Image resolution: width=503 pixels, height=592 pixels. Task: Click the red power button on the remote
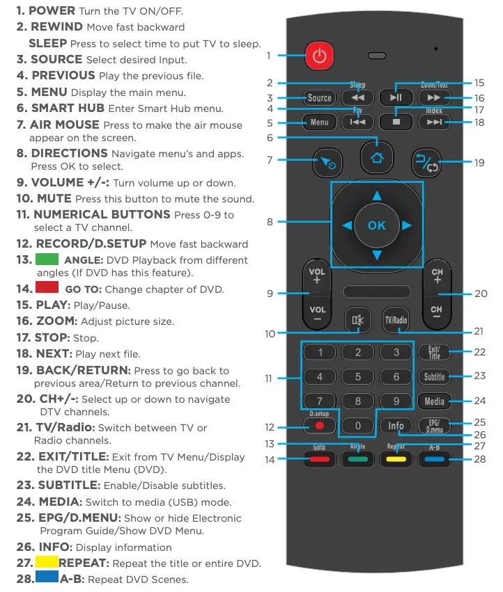[x=319, y=56]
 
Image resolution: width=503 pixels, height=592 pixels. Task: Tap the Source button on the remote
[x=319, y=98]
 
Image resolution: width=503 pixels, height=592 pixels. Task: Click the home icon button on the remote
[x=377, y=157]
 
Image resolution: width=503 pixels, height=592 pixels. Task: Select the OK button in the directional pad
[x=376, y=225]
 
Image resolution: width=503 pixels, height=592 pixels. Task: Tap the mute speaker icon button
[x=358, y=320]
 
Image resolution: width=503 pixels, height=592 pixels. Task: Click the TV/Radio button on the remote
[x=396, y=320]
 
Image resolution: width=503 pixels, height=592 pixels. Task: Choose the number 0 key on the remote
[x=358, y=425]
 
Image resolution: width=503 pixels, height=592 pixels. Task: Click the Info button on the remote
[x=396, y=425]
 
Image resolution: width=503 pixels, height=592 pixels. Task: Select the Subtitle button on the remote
[x=434, y=377]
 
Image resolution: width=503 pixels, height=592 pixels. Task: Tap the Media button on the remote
[x=434, y=401]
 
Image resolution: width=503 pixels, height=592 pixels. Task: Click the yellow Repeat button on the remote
[x=396, y=458]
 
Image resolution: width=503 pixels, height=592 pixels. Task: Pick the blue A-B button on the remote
[x=434, y=458]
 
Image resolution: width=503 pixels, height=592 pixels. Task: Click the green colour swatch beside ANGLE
[x=50, y=260]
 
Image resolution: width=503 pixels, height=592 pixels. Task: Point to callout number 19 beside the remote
[x=479, y=163]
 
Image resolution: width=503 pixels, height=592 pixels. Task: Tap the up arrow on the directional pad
[x=376, y=195]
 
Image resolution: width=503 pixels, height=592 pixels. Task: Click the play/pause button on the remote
[x=396, y=98]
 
